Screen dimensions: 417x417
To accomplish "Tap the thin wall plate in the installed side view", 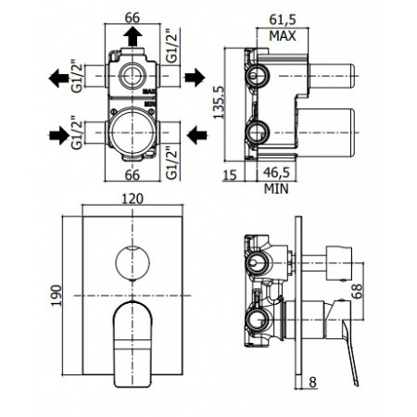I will pos(299,306).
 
